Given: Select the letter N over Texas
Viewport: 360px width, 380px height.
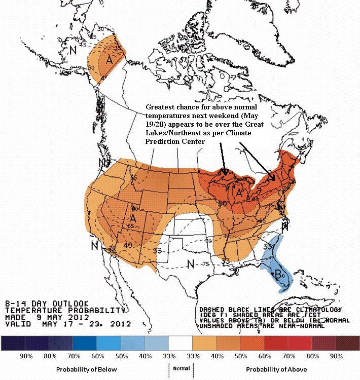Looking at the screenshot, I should point(190,263).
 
